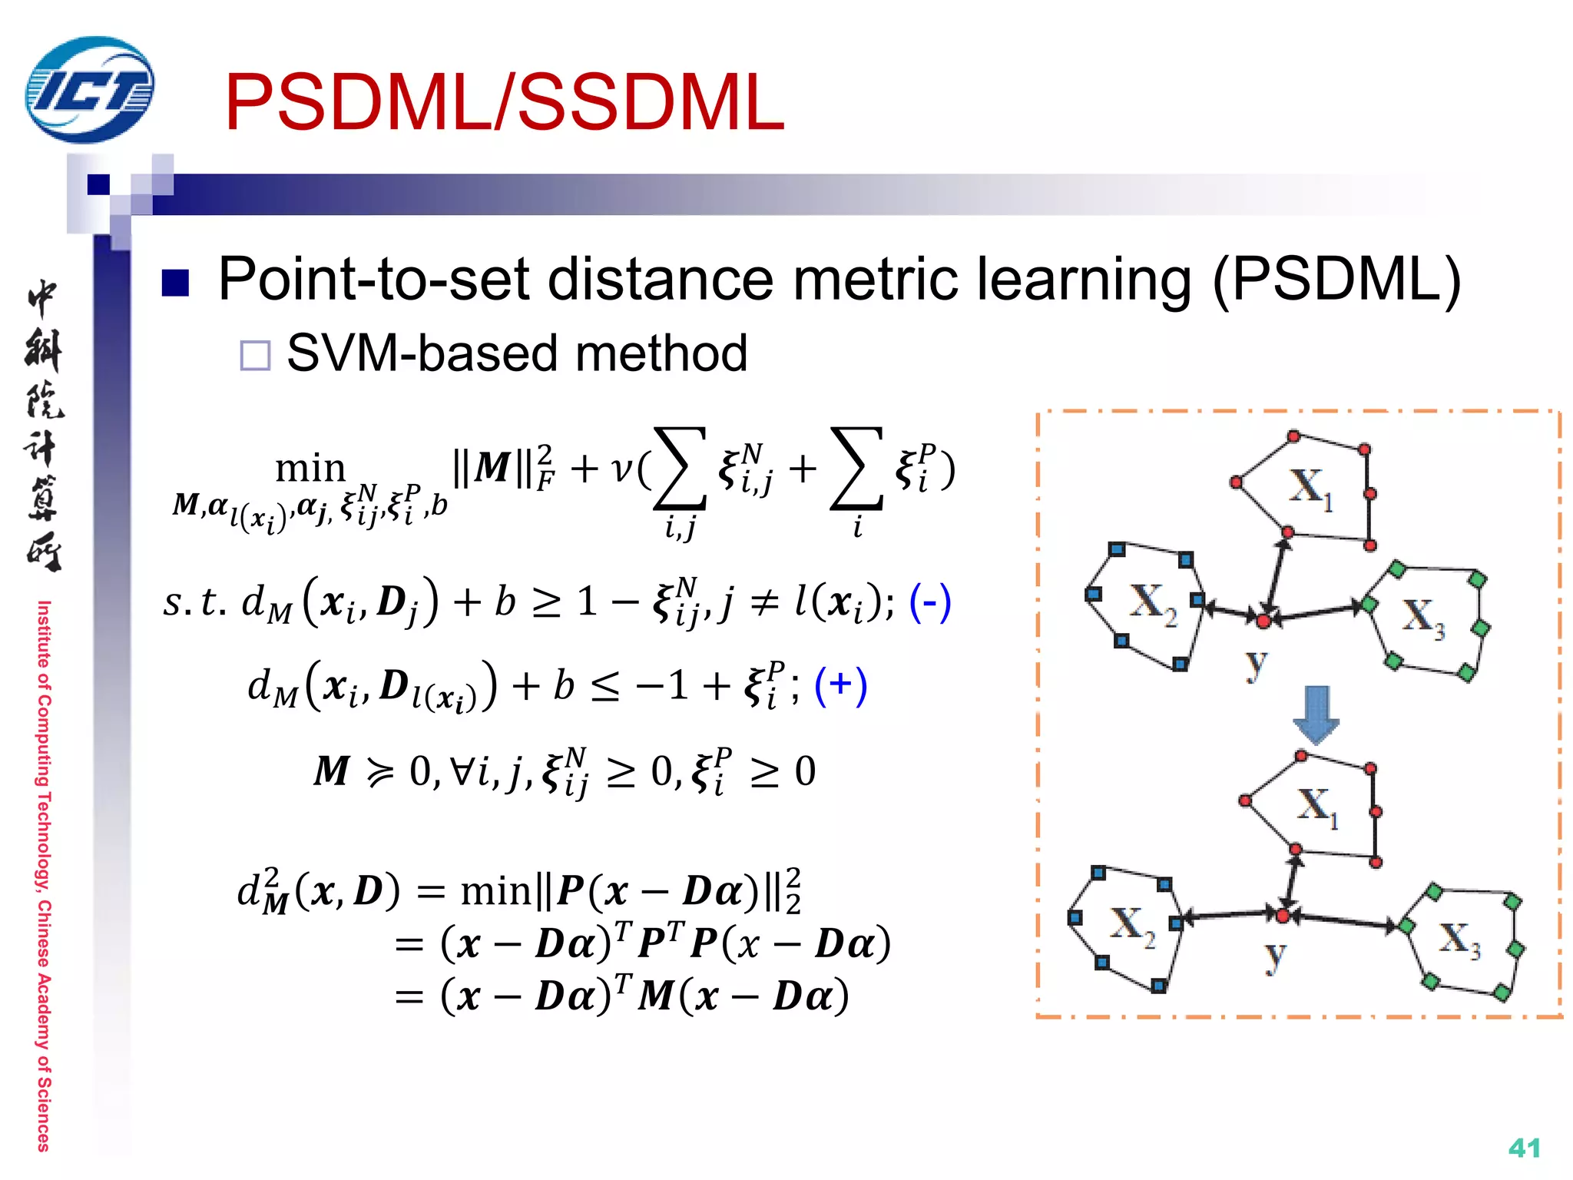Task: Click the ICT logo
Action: tap(89, 90)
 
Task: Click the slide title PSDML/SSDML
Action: tap(504, 102)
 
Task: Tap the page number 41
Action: tap(1524, 1148)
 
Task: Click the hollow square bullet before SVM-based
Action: tap(255, 356)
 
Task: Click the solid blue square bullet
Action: tap(175, 283)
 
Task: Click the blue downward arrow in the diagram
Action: tap(1316, 714)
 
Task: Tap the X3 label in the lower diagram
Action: tap(1459, 940)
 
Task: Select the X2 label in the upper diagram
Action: tap(1152, 604)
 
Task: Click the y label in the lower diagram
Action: tap(1275, 955)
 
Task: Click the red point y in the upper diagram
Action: tap(1263, 620)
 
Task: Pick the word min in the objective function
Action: tap(310, 468)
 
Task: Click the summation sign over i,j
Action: tap(680, 469)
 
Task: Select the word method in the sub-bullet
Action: tap(661, 353)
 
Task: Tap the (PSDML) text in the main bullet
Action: tap(1336, 279)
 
